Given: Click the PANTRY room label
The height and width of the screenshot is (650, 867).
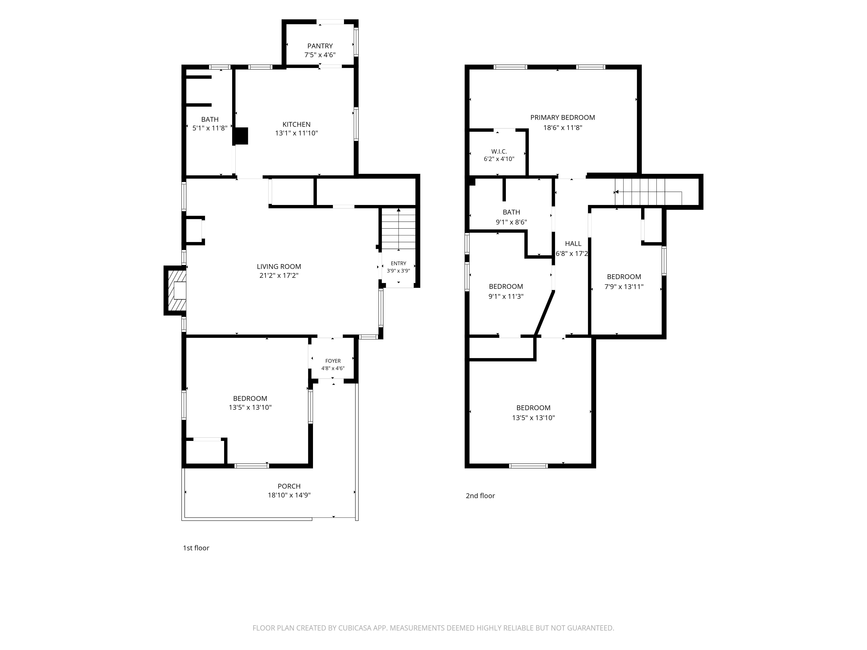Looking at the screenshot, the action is click(x=320, y=46).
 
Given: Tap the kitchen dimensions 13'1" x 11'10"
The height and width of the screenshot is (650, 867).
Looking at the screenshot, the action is click(x=296, y=133).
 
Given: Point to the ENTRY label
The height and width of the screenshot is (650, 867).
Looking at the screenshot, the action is click(x=398, y=263).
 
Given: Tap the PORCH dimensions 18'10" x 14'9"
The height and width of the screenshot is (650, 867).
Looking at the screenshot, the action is click(x=289, y=495).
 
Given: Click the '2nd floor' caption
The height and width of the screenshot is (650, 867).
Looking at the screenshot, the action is click(x=480, y=496).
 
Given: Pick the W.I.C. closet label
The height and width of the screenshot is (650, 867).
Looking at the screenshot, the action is click(x=499, y=151).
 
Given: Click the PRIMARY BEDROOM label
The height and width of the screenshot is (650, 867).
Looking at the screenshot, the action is click(x=562, y=117).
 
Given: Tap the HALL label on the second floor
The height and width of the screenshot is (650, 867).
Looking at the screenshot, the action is click(x=573, y=244).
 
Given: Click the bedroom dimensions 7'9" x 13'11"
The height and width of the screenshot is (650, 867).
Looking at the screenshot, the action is click(x=624, y=287).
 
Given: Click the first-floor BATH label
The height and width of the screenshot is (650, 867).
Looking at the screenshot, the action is click(x=210, y=120).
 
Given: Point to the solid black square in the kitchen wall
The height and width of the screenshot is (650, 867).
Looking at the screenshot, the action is click(x=241, y=136).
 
